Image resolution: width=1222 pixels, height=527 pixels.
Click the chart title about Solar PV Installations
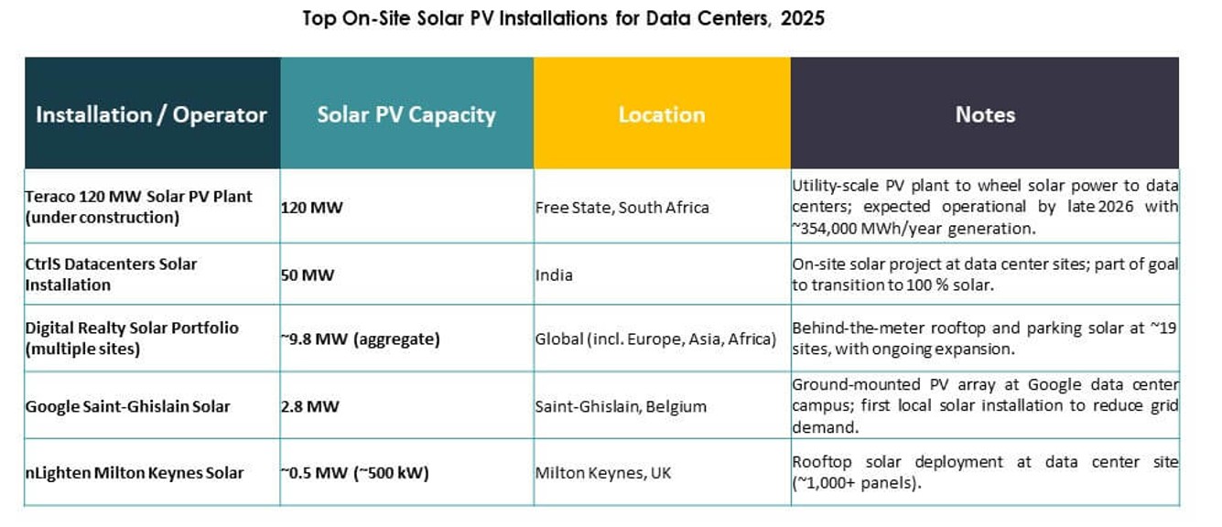(563, 18)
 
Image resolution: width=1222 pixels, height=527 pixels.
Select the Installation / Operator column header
(151, 114)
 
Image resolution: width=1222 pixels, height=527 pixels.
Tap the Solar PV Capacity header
(406, 114)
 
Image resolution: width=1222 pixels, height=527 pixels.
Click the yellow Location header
(662, 114)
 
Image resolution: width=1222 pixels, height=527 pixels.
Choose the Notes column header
(985, 114)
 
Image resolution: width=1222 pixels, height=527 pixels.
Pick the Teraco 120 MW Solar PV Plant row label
(138, 207)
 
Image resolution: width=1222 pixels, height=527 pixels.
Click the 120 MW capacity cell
(312, 208)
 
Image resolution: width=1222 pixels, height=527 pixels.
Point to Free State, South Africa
(622, 208)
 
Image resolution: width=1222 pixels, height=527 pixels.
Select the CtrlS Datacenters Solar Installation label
(111, 274)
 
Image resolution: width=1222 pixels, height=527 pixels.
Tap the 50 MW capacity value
(308, 274)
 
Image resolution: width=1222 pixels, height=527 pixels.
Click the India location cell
(555, 274)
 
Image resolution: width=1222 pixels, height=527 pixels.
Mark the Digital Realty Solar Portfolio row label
(132, 338)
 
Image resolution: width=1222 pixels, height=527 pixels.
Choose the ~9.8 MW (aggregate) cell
(360, 339)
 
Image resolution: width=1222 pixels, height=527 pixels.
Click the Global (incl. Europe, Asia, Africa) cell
(655, 339)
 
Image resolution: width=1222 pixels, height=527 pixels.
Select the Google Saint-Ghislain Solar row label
(127, 406)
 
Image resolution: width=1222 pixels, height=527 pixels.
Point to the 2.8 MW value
(309, 406)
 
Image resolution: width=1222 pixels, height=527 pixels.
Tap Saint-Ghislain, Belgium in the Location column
(621, 406)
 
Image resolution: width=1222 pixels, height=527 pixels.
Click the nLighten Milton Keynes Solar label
(135, 473)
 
